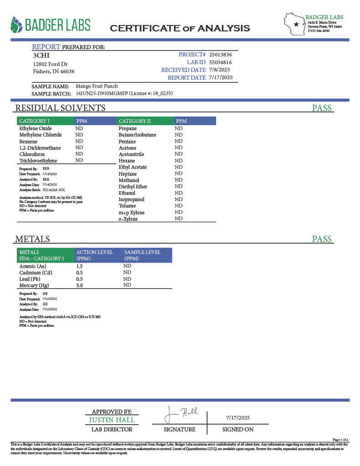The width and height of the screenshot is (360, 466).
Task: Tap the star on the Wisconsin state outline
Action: click(296, 24)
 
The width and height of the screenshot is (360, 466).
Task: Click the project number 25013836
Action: click(221, 55)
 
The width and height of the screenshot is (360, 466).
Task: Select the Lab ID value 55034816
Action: click(221, 62)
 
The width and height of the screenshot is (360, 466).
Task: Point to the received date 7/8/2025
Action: click(219, 70)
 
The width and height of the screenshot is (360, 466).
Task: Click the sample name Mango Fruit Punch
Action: click(96, 86)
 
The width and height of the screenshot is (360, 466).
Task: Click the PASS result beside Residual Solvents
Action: click(322, 108)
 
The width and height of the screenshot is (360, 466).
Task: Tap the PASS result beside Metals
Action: click(322, 239)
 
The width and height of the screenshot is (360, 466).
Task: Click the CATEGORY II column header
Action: click(135, 121)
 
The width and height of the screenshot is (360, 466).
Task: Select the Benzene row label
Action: click(28, 142)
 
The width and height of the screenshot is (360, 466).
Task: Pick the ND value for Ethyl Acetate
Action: click(178, 167)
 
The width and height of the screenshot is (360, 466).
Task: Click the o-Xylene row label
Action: click(128, 219)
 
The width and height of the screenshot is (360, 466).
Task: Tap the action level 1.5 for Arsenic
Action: click(79, 266)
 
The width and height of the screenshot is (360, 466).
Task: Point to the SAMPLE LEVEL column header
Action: click(142, 252)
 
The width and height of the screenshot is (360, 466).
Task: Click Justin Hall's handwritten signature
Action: click(181, 415)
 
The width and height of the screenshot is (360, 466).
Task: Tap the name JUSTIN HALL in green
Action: click(112, 420)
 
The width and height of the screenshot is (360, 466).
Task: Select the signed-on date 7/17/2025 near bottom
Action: click(238, 418)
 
